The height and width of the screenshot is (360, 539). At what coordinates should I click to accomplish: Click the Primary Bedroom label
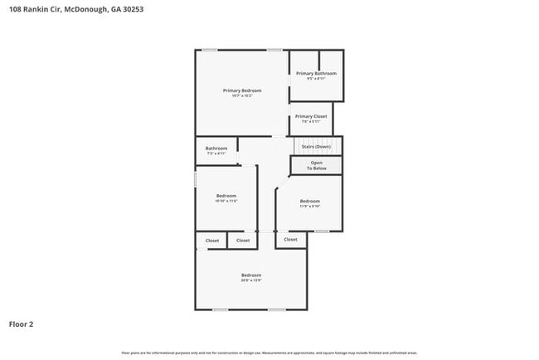pyautogui.click(x=242, y=90)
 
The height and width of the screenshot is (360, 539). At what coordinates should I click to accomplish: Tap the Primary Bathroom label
pyautogui.click(x=316, y=73)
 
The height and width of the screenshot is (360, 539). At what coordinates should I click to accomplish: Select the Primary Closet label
pyautogui.click(x=310, y=116)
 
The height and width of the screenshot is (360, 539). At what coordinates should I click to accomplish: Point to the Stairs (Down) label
pyautogui.click(x=316, y=147)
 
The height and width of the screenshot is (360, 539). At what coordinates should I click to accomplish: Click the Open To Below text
pyautogui.click(x=316, y=165)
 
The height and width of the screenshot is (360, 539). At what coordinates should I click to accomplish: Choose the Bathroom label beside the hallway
pyautogui.click(x=216, y=148)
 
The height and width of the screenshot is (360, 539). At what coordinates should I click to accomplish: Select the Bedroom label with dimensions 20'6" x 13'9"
pyautogui.click(x=251, y=275)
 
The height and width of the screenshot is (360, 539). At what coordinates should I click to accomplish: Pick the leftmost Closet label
pyautogui.click(x=212, y=241)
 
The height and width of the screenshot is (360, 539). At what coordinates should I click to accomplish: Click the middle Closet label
pyautogui.click(x=243, y=241)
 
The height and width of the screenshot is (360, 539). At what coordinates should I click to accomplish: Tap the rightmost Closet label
pyautogui.click(x=290, y=240)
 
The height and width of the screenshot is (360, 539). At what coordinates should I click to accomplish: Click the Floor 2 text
pyautogui.click(x=22, y=324)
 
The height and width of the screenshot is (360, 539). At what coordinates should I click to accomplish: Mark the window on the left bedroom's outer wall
pyautogui.click(x=196, y=179)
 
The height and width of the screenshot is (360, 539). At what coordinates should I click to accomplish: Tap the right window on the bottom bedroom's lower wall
pyautogui.click(x=276, y=310)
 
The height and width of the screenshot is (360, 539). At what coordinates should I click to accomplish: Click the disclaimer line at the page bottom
pyautogui.click(x=269, y=353)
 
